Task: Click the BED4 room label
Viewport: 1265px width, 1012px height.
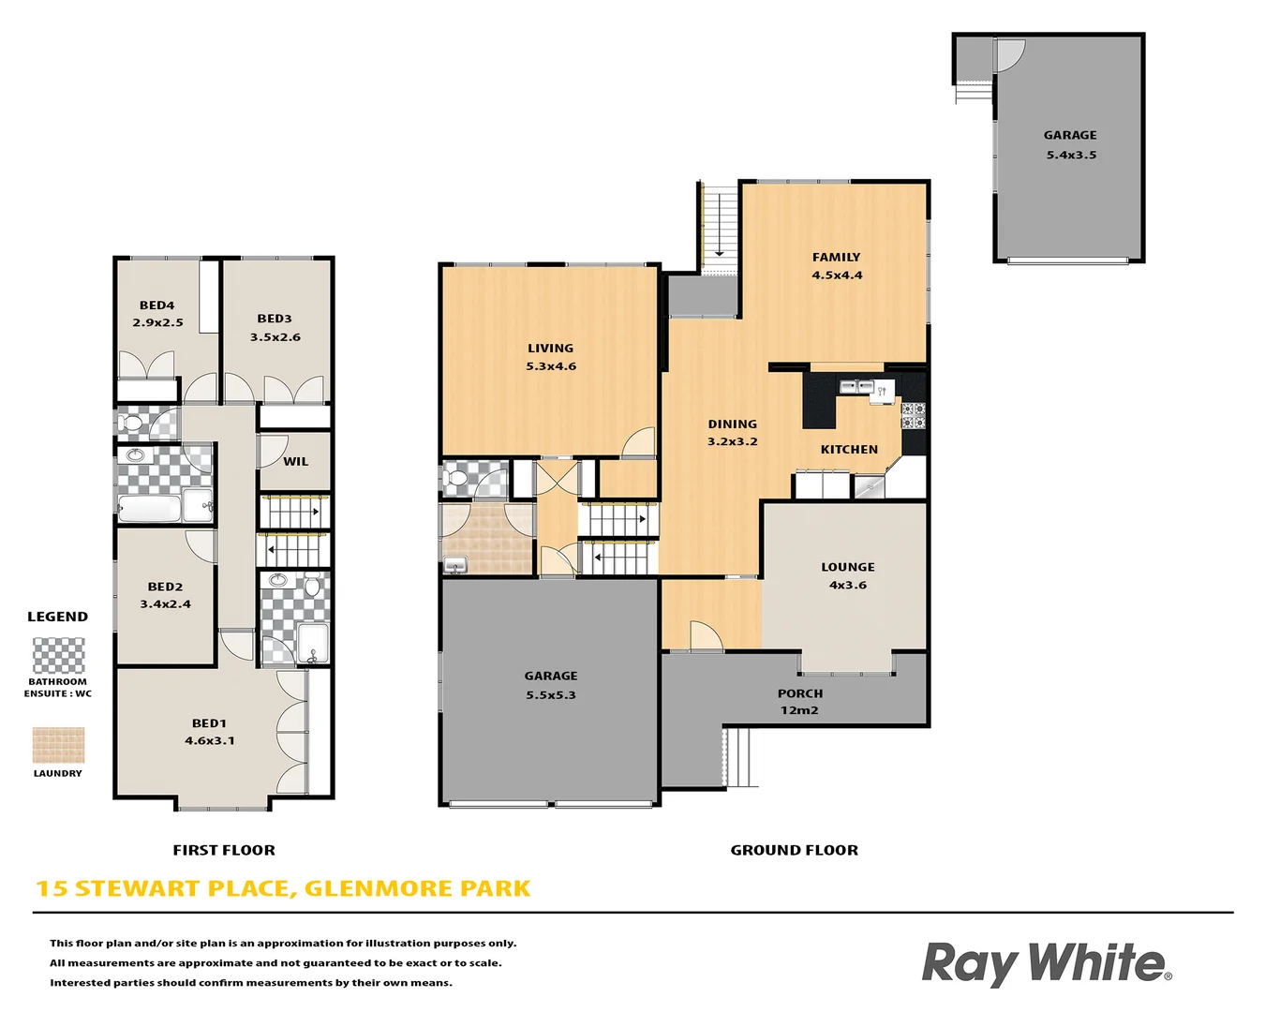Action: click(156, 305)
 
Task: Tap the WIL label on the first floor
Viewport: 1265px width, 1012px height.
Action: click(295, 461)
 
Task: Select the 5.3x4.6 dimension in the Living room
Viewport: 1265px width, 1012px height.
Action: click(551, 366)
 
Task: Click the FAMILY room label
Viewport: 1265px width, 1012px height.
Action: click(836, 257)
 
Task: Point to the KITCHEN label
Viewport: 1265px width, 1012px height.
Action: click(849, 450)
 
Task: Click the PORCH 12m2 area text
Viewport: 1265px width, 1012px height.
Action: click(799, 702)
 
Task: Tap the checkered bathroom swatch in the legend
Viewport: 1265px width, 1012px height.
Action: click(58, 655)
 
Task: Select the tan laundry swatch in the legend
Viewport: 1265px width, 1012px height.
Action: click(58, 745)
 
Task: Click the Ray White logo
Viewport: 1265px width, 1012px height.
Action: click(1046, 963)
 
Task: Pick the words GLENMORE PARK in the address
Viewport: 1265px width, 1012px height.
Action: click(417, 888)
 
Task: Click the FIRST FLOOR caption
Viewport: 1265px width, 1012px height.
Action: click(224, 850)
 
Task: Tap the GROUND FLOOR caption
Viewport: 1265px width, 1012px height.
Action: click(794, 850)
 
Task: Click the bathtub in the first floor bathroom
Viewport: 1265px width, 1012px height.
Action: click(149, 509)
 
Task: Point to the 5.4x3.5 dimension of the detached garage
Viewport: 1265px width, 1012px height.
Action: click(1071, 156)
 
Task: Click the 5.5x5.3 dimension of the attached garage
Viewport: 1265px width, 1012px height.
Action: click(551, 695)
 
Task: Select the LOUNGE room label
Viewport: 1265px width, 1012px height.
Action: click(847, 567)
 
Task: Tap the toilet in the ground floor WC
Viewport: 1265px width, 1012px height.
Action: click(457, 480)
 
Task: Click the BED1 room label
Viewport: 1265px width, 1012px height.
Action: click(209, 723)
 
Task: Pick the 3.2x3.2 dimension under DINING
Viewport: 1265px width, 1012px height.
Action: click(732, 441)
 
